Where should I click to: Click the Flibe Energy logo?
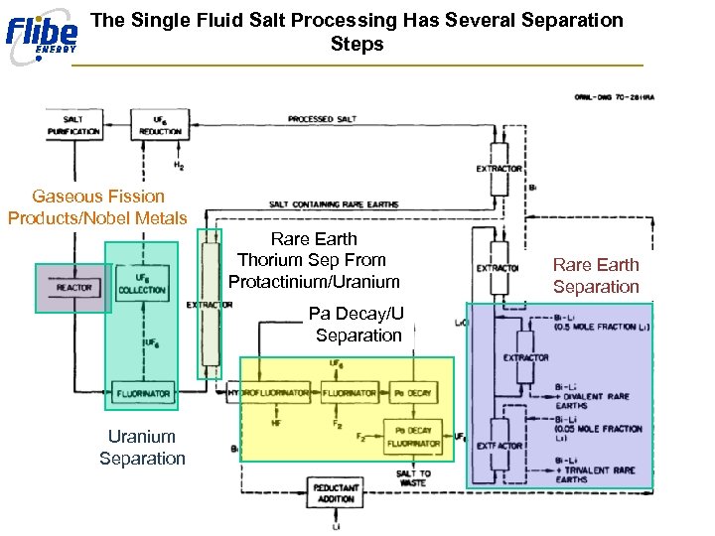[41, 35]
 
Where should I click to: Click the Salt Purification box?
[73, 125]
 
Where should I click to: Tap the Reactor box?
[73, 288]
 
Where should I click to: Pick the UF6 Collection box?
[142, 284]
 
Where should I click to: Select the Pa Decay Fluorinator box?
[413, 436]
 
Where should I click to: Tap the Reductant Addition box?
[336, 492]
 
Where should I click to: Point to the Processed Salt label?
[323, 120]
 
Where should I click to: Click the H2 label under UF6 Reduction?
[179, 166]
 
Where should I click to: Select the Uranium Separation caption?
[142, 447]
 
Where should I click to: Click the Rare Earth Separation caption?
[596, 275]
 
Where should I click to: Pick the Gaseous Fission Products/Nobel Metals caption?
[97, 206]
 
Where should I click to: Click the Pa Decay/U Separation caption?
[357, 325]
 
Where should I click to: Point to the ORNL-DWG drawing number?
[621, 97]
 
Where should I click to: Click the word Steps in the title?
[357, 45]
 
